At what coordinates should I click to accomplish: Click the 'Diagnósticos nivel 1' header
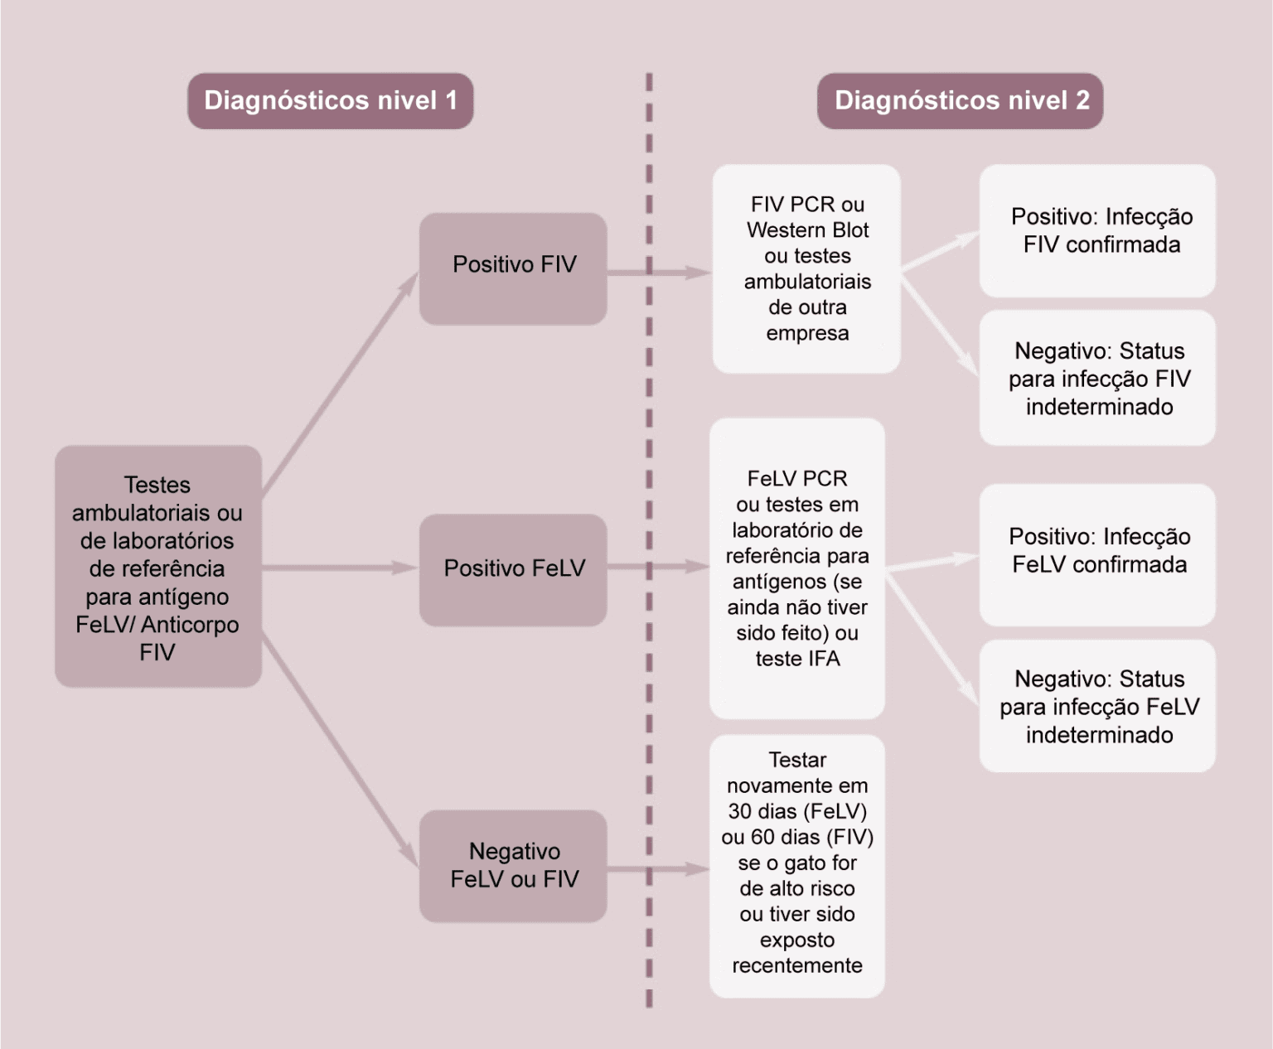tap(330, 101)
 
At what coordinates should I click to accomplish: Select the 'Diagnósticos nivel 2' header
tap(961, 101)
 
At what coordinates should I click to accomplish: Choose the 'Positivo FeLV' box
tap(513, 569)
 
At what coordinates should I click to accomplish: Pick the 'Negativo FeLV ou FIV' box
tap(513, 866)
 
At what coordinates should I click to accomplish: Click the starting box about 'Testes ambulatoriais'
tap(157, 568)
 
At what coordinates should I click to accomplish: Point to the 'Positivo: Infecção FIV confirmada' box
tap(1097, 231)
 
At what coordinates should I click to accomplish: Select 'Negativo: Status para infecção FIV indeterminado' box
tap(1097, 379)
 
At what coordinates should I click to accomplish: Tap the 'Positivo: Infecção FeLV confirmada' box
tap(1097, 552)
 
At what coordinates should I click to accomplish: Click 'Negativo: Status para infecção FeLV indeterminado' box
tap(1097, 707)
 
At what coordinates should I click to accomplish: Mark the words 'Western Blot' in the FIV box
tap(807, 230)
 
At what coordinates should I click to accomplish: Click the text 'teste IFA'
tap(797, 659)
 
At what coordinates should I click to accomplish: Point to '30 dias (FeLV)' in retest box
tap(797, 811)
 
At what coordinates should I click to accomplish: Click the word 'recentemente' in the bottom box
tap(797, 965)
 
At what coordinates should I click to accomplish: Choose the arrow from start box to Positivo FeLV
tap(340, 568)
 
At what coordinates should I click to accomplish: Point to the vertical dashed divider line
tap(649, 539)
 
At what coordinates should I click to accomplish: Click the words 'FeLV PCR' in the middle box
tap(797, 479)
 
